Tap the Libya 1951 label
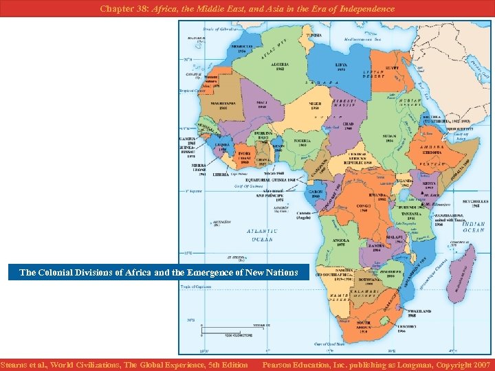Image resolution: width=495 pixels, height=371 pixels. click(341, 67)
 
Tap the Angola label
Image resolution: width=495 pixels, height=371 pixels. click(339, 241)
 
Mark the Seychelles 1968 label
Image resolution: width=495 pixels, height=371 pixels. click(471, 203)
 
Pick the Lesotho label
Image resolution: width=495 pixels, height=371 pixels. click(406, 326)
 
